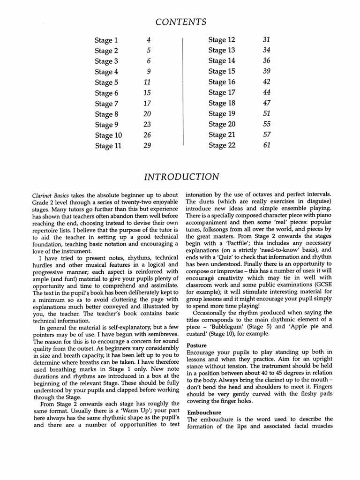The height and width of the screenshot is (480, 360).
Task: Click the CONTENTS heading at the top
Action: [x=180, y=22]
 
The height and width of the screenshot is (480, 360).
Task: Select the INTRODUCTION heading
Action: [x=181, y=177]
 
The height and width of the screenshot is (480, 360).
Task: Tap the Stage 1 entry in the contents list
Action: [x=106, y=40]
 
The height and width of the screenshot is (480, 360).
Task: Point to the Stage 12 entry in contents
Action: [x=222, y=40]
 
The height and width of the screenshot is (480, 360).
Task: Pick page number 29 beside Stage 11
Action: [x=148, y=146]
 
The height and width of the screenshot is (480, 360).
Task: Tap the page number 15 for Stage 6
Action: [x=148, y=93]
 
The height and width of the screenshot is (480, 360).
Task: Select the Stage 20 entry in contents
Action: [x=222, y=124]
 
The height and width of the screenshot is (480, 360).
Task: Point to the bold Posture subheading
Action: [x=197, y=345]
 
